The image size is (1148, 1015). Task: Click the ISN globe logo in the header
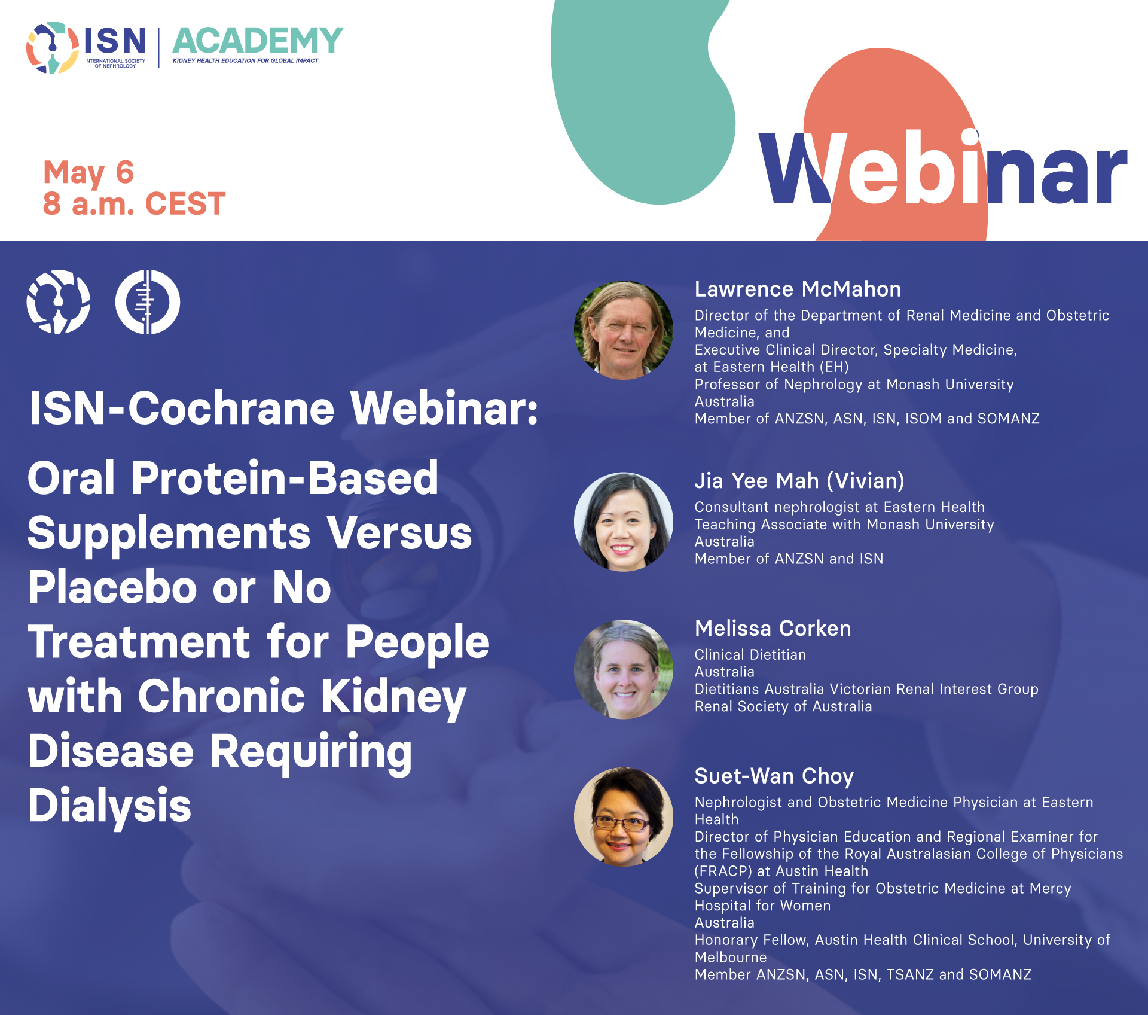click(53, 48)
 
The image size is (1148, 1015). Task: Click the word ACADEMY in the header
click(258, 41)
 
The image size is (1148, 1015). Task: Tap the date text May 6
click(88, 173)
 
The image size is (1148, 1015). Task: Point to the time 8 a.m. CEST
click(134, 204)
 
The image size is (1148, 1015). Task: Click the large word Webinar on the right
click(943, 169)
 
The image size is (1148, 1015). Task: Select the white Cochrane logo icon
click(148, 301)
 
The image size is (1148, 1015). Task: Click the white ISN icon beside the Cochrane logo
click(59, 301)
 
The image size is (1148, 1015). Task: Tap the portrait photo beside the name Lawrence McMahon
click(624, 330)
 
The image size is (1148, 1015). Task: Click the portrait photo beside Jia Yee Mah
click(624, 522)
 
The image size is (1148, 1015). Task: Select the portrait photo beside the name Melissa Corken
click(624, 669)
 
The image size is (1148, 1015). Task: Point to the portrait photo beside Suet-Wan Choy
click(624, 817)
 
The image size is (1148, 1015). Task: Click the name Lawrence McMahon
click(798, 289)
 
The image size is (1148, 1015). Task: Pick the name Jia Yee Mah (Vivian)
click(799, 481)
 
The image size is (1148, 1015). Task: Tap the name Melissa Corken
click(773, 629)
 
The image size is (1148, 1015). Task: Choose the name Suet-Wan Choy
click(774, 776)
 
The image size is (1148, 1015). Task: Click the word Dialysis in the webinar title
click(109, 806)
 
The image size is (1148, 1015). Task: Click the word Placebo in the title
click(112, 587)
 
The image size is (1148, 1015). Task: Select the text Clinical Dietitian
click(750, 655)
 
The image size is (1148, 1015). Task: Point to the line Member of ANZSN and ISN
click(789, 559)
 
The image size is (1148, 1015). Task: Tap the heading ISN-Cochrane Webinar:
click(284, 409)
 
